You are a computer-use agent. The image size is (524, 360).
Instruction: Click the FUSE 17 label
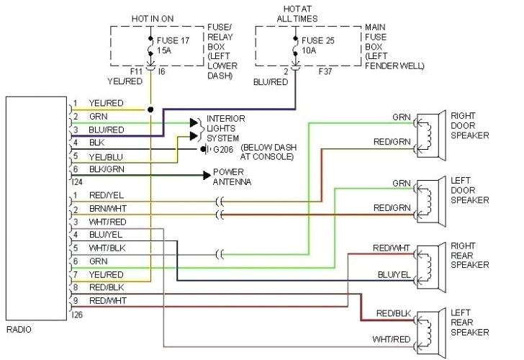tap(173, 40)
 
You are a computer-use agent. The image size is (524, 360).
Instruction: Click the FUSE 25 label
tap(319, 40)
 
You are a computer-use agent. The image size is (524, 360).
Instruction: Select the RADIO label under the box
tap(19, 329)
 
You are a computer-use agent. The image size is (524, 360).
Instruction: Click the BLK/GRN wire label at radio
tap(107, 169)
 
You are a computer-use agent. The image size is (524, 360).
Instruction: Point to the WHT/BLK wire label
tap(107, 248)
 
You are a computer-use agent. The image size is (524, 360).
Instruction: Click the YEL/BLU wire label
tap(106, 156)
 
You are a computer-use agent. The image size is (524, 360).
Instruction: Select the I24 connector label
tap(78, 183)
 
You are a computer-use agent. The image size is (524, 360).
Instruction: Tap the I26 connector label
tap(78, 314)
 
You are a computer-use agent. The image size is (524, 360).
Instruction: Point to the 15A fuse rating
tap(166, 51)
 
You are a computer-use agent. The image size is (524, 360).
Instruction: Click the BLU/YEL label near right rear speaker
tap(392, 274)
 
